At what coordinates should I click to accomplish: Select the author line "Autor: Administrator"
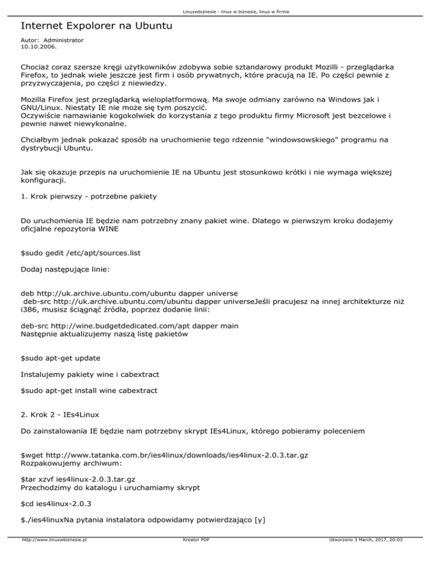(x=52, y=41)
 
